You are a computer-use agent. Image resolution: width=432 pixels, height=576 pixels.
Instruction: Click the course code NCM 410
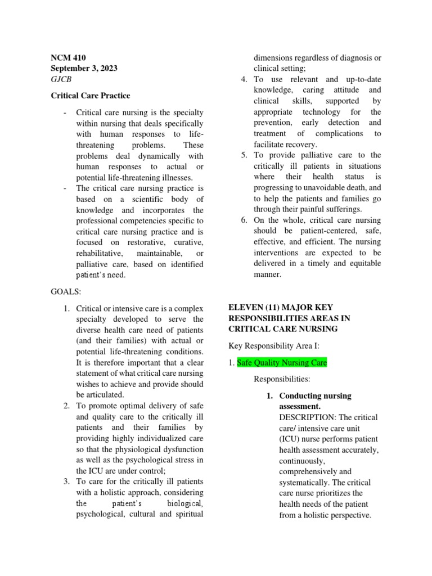pyautogui.click(x=66, y=57)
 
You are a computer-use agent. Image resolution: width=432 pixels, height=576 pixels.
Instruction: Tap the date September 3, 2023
pyautogui.click(x=84, y=69)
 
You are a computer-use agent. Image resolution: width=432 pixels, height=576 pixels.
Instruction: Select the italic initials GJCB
pyautogui.click(x=61, y=80)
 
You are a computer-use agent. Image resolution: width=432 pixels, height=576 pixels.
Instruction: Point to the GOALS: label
pyautogui.click(x=66, y=292)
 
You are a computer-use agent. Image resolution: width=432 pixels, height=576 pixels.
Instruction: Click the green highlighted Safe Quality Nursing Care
pyautogui.click(x=282, y=363)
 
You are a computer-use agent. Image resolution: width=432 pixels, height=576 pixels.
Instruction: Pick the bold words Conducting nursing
pyautogui.click(x=315, y=395)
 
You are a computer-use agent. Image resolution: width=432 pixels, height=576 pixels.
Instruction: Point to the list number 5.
pyautogui.click(x=244, y=155)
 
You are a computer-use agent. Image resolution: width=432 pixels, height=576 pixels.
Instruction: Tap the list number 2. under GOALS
pyautogui.click(x=66, y=406)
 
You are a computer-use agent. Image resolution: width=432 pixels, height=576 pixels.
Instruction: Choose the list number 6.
pyautogui.click(x=244, y=220)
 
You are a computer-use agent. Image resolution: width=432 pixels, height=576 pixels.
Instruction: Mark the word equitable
pyautogui.click(x=361, y=264)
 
